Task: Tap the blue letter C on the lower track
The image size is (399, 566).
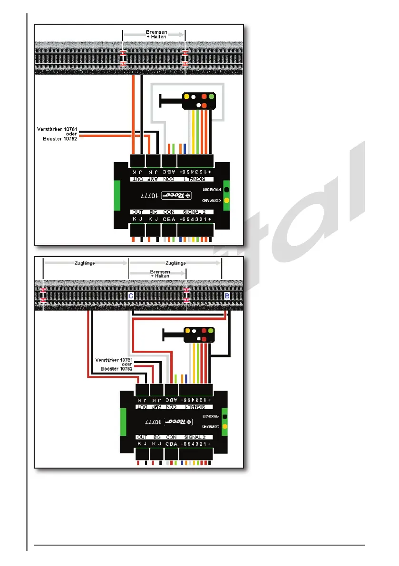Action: [x=131, y=296]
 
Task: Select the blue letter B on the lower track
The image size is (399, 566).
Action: [x=227, y=296]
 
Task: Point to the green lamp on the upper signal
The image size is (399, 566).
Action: [x=212, y=96]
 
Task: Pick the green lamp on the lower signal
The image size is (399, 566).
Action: [x=211, y=330]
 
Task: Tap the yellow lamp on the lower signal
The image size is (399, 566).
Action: [x=188, y=330]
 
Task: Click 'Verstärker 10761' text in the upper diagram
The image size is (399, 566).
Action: [x=57, y=129]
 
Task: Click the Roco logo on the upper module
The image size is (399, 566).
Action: [x=175, y=195]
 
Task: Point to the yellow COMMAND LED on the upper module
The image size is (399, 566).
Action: [x=226, y=200]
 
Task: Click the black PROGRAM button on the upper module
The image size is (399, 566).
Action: [x=226, y=189]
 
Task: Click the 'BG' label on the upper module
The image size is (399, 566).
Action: [x=152, y=211]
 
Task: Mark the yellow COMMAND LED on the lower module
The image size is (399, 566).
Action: [x=225, y=426]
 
